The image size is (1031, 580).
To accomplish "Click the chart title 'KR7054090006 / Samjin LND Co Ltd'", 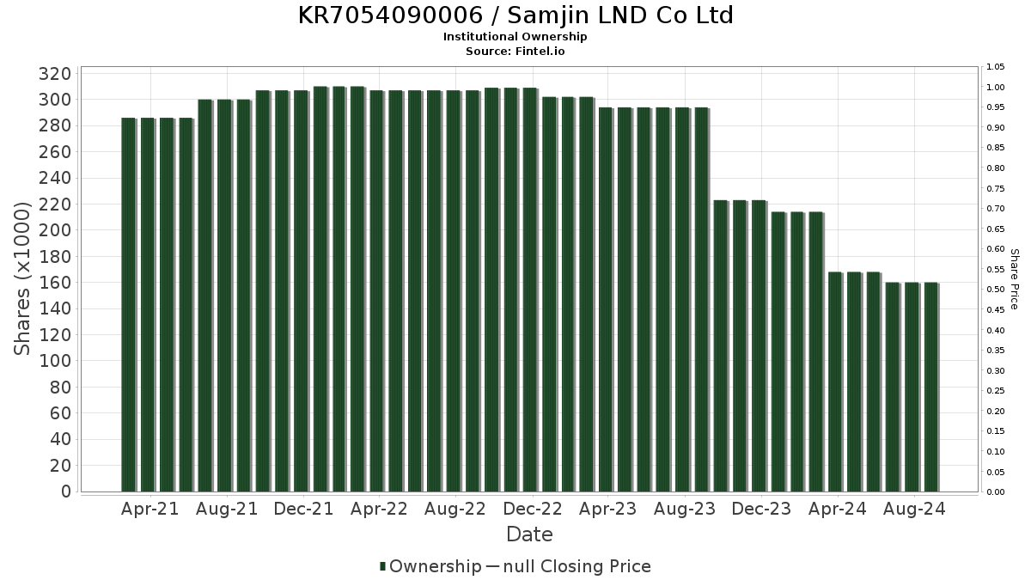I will [515, 15].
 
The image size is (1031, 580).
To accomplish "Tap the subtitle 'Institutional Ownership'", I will [515, 37].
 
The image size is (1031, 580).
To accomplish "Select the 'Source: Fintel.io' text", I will [515, 51].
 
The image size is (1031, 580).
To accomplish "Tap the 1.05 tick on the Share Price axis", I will [996, 67].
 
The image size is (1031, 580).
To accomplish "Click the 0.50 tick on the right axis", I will [996, 290].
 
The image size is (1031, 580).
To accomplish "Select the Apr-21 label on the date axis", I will [149, 510].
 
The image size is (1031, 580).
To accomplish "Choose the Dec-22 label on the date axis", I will [533, 510].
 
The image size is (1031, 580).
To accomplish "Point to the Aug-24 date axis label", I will [914, 510].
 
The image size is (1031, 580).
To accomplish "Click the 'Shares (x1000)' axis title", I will [23, 278].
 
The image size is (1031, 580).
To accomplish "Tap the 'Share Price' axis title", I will [1014, 279].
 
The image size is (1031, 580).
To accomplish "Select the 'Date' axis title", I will [529, 534].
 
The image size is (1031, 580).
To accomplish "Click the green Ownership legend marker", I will [382, 566].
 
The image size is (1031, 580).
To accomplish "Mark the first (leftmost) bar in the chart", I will [129, 305].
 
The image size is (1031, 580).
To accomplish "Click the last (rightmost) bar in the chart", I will [931, 387].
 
